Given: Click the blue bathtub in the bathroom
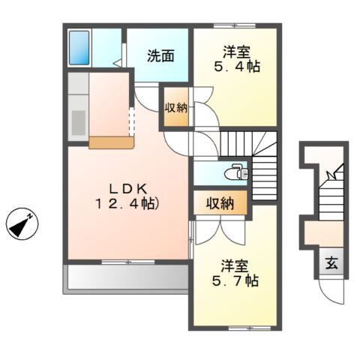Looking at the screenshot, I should point(79,47).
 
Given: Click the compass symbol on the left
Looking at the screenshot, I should point(22,223).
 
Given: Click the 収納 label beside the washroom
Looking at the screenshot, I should point(176,106).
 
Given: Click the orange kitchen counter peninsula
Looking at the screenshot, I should point(110,142).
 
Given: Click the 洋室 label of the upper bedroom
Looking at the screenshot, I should point(236,52).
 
